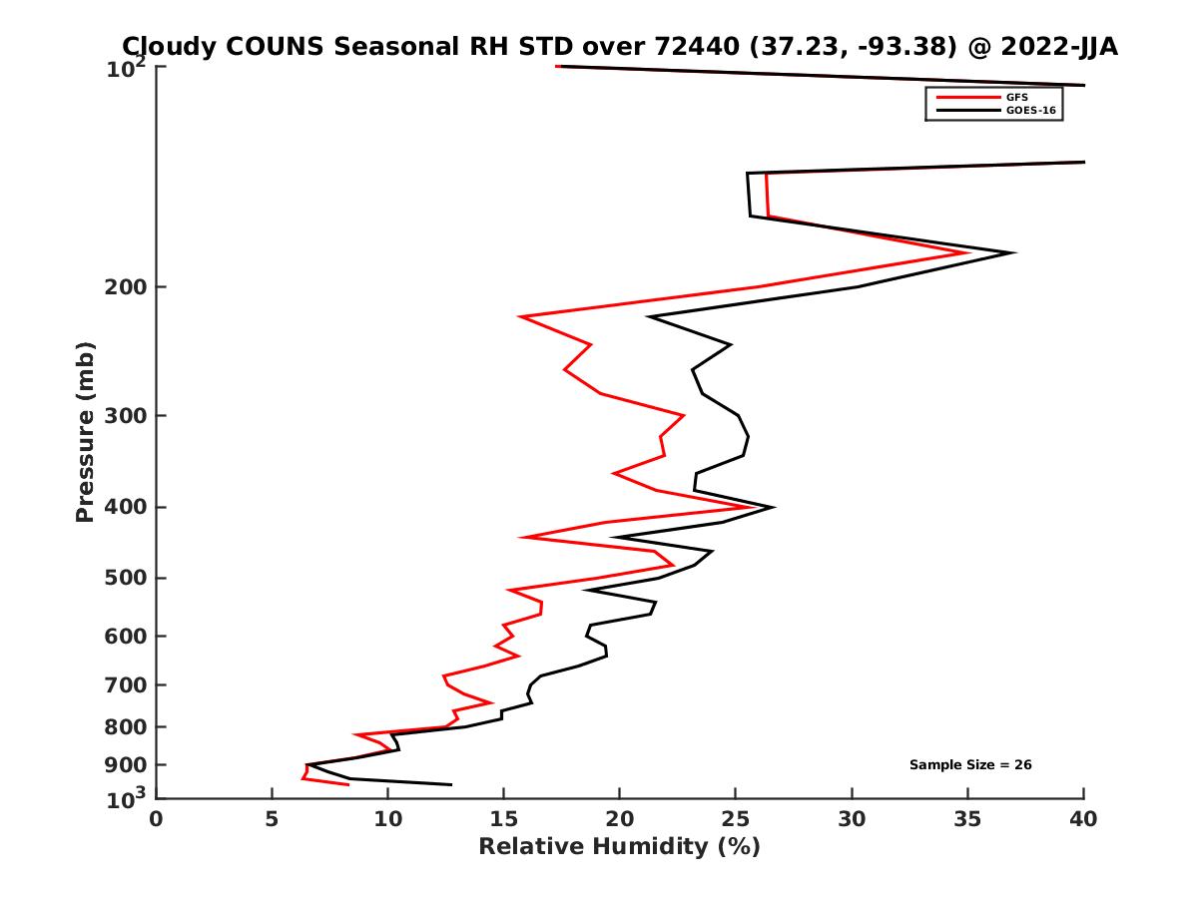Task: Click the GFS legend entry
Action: coord(1016,97)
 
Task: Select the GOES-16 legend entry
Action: coord(1028,111)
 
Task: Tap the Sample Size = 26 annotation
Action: coord(969,764)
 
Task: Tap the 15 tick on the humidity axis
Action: coord(503,819)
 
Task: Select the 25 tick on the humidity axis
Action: coord(736,819)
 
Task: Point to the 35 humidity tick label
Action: coord(967,819)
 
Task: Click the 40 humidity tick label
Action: coord(1083,819)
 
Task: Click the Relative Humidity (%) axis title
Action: coord(619,847)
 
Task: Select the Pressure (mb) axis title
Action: coord(85,432)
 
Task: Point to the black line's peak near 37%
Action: coord(1014,252)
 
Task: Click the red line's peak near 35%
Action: coord(968,252)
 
